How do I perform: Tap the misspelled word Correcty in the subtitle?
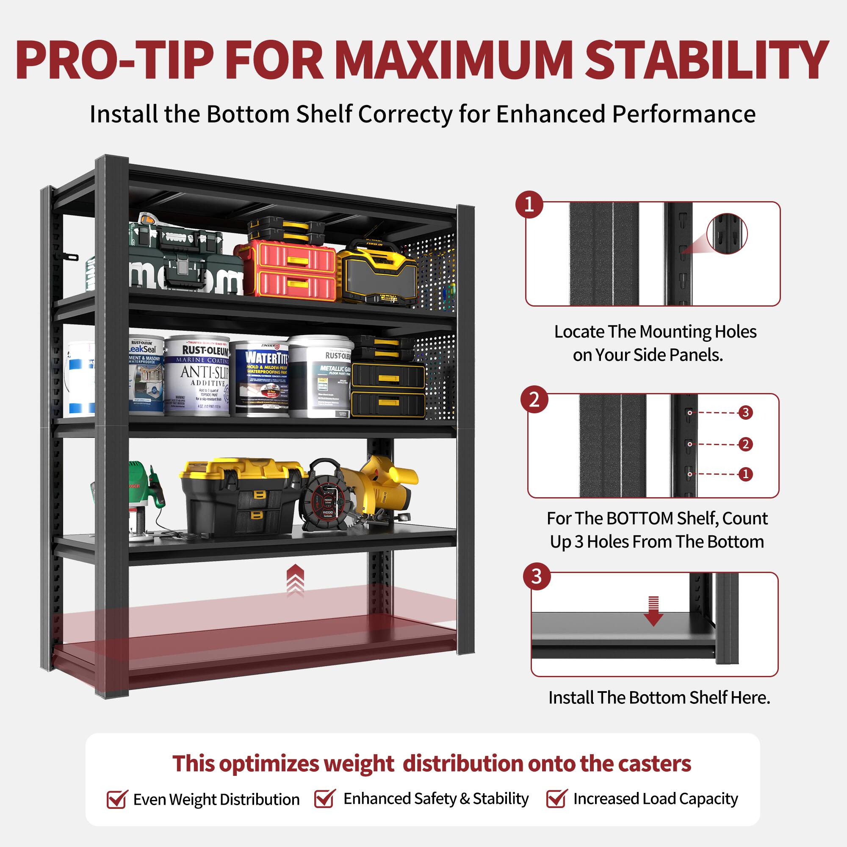pyautogui.click(x=404, y=114)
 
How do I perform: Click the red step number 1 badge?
pyautogui.click(x=529, y=204)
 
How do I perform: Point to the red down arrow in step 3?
pyautogui.click(x=653, y=611)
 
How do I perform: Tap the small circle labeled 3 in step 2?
pyautogui.click(x=745, y=412)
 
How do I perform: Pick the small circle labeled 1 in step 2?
pyautogui.click(x=745, y=474)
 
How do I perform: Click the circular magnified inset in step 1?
pyautogui.click(x=727, y=234)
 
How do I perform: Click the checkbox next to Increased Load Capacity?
pyautogui.click(x=556, y=798)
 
